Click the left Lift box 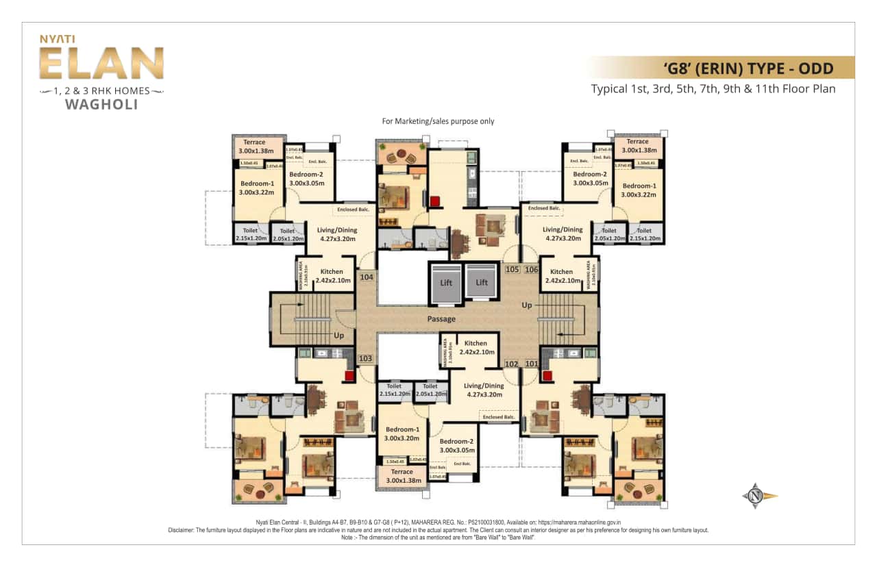point(446,281)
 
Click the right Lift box point(481,281)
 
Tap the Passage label point(441,319)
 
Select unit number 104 point(367,277)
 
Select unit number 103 point(365,358)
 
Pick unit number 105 point(512,270)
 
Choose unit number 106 point(531,270)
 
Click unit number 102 point(511,364)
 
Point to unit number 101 point(531,364)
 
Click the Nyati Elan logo point(101,63)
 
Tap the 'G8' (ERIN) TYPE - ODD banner point(748,68)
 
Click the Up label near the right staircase point(527,304)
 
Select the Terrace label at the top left point(254,142)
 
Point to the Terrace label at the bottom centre point(402,472)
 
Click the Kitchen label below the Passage point(475,343)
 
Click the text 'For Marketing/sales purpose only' point(438,121)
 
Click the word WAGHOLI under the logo point(101,105)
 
